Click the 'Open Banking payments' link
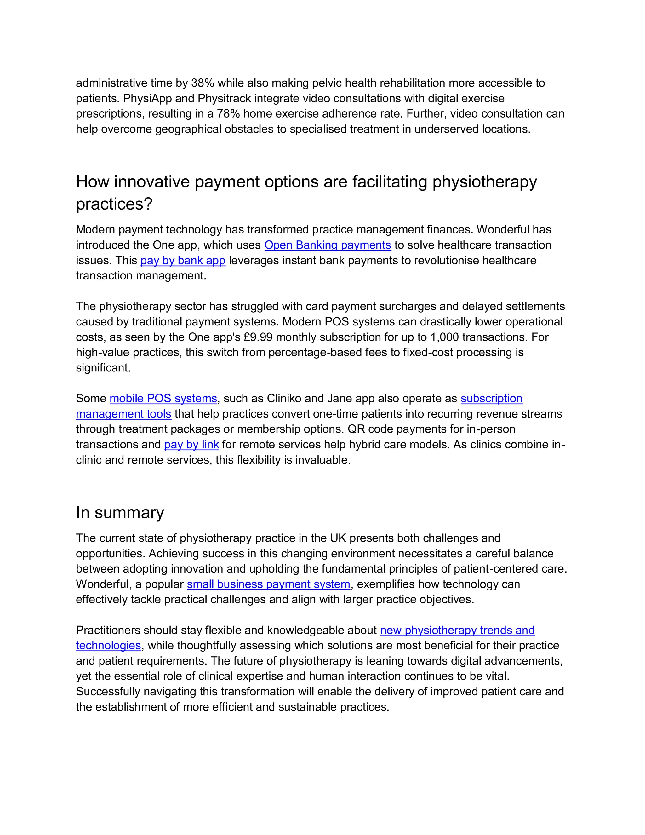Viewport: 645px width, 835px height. tap(328, 245)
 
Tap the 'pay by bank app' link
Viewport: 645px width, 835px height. tap(183, 260)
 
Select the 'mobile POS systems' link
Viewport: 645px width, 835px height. tap(163, 398)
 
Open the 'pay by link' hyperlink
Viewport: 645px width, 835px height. tap(191, 445)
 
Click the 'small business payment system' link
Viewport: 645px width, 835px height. tap(268, 584)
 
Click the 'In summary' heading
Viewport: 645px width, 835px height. tap(120, 512)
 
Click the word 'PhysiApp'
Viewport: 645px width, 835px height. tap(147, 99)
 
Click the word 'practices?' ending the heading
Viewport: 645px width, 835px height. tap(114, 204)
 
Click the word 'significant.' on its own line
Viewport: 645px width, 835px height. tap(103, 368)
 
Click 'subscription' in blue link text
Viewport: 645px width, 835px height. tap(491, 398)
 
